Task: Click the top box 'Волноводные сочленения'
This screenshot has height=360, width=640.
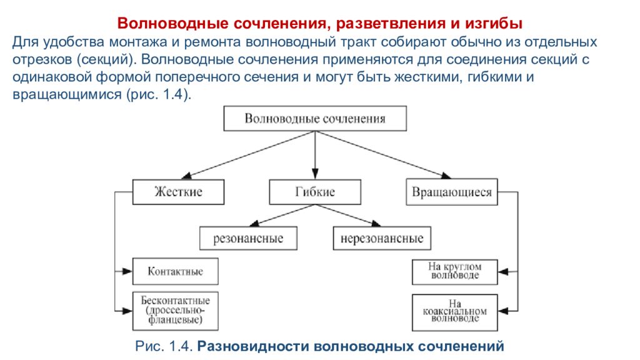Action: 315,118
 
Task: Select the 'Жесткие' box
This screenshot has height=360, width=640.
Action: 178,192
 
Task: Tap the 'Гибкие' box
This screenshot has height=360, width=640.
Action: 315,192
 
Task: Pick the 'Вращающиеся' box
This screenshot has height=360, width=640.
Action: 452,192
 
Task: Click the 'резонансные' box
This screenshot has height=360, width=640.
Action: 248,238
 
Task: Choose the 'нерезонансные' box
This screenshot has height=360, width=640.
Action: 382,238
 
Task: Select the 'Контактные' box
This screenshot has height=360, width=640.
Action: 176,271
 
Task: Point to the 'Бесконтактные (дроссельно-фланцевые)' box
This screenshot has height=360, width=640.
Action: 176,311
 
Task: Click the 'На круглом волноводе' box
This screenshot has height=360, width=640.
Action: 455,272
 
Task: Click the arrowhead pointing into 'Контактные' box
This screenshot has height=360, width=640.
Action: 127,271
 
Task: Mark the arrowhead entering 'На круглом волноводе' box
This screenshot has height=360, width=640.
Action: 503,272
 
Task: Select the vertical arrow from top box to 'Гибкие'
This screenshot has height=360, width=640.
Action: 315,155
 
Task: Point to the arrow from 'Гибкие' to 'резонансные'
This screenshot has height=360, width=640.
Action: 282,216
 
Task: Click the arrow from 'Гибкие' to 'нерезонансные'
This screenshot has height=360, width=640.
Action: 348,216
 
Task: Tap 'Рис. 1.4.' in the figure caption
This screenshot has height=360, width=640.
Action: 164,346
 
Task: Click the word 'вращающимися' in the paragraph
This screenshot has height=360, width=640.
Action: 67,94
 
